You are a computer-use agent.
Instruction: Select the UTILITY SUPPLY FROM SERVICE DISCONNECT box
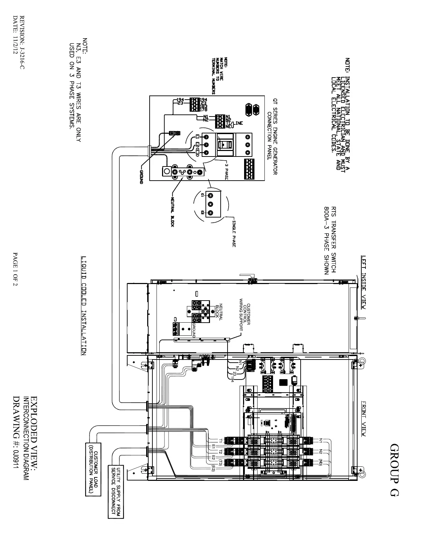point(116,491)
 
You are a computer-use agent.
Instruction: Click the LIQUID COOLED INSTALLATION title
point(84,305)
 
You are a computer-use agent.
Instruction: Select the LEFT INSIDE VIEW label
point(363,282)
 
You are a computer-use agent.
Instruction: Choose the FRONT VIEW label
point(363,418)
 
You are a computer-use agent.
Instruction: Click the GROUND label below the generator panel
point(141,176)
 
